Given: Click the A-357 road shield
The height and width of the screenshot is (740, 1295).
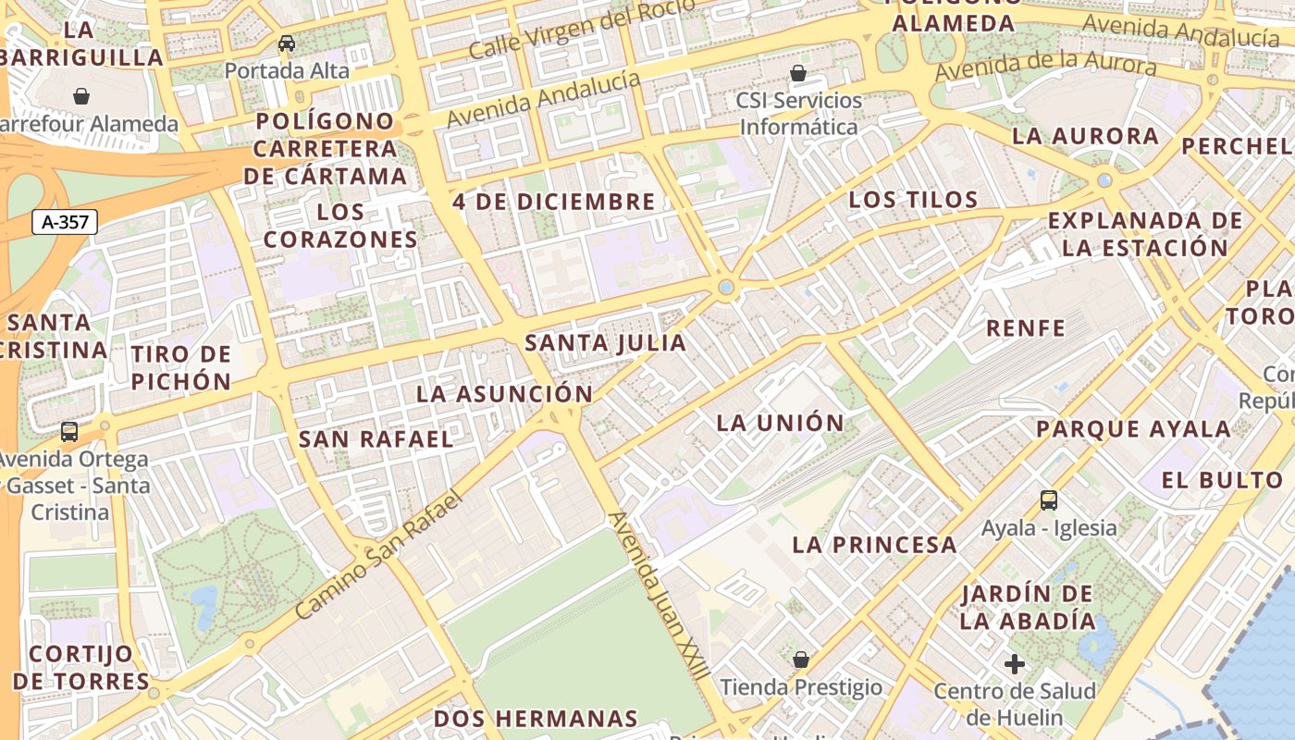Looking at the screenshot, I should pos(65,222).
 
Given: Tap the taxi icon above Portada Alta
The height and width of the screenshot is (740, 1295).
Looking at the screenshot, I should pos(287,43).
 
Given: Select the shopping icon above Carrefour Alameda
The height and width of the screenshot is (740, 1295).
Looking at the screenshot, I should pos(81,96).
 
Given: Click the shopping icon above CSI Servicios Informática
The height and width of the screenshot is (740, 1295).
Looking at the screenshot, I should pos(797,73).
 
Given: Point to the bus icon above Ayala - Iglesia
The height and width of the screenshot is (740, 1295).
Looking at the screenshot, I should pos(1049,500).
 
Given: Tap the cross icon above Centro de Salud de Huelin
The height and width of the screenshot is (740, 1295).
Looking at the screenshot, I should pos(1015,663).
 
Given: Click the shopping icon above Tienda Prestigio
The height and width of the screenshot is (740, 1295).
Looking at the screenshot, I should pos(801,660).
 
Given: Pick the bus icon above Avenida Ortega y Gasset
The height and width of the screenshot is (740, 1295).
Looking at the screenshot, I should pos(69,431).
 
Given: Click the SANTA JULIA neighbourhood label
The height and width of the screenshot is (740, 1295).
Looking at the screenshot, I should pos(606,343).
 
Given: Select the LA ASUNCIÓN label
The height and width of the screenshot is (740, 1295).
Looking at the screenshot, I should pos(504,393).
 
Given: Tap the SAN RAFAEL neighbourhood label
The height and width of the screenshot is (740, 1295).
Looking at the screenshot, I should pos(376,438).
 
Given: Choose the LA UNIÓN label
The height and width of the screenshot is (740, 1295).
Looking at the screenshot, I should pos(781,423).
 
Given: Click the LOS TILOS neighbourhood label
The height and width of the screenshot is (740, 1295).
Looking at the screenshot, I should pos(913,199).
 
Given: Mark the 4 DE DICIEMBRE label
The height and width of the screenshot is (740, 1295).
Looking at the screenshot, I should pos(554,201).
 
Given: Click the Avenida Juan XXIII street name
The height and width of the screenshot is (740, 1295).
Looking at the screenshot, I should pos(659,596).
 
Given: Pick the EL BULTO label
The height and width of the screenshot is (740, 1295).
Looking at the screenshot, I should pos(1221,479).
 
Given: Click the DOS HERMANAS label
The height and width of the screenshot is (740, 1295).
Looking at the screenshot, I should pos(536,719).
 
